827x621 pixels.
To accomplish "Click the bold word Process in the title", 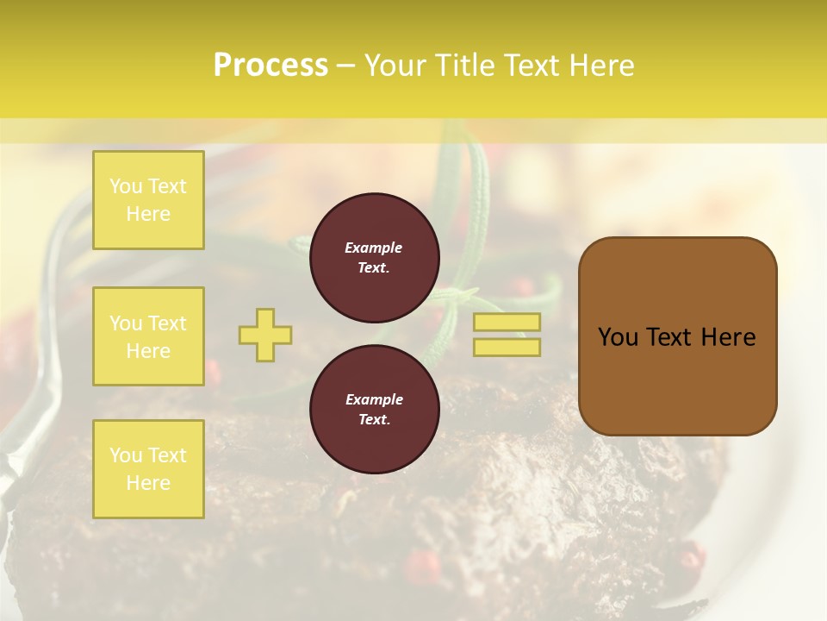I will tap(270, 66).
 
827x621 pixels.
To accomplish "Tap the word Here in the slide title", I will tap(596, 66).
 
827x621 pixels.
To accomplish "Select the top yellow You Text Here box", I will tap(148, 200).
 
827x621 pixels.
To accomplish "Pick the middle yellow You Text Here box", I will tap(148, 336).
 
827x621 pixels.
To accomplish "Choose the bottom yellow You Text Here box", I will tap(148, 469).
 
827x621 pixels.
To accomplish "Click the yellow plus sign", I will tap(265, 335).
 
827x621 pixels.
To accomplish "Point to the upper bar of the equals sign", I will tap(507, 322).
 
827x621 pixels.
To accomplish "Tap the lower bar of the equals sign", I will tap(507, 348).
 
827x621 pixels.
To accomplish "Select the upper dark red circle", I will tap(375, 258).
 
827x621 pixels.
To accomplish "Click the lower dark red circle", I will tap(375, 410).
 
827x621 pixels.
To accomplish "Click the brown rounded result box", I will tap(677, 336).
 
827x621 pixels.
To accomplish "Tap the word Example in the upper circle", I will tap(374, 248).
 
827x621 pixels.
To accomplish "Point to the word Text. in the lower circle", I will tap(374, 420).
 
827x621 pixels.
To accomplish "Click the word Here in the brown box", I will tap(728, 337).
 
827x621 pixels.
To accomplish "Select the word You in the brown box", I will tap(618, 337).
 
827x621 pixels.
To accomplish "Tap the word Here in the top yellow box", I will tap(148, 214).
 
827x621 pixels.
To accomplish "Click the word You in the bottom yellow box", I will tap(126, 455).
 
